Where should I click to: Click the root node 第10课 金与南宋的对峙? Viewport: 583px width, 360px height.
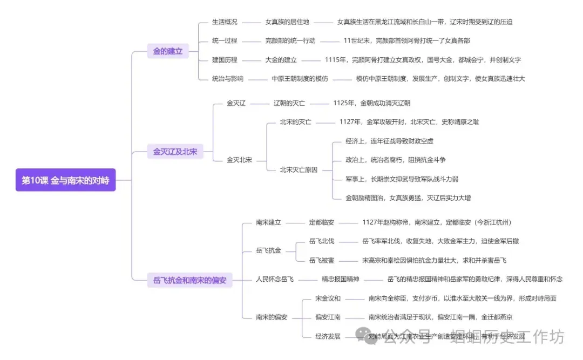pos(65,180)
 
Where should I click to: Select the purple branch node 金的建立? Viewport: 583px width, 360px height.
pos(168,51)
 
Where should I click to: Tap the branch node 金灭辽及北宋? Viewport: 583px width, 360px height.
pos(175,152)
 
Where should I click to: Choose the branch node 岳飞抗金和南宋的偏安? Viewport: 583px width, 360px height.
pos(189,280)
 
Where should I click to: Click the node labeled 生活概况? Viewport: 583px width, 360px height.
pos(225,22)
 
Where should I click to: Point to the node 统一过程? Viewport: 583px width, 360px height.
pos(225,41)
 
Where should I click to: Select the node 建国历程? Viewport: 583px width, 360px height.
pos(225,60)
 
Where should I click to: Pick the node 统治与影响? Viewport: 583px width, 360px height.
pos(228,79)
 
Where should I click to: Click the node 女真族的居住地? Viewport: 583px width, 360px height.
pos(287,22)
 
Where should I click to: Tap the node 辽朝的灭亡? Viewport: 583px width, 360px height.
pos(289,103)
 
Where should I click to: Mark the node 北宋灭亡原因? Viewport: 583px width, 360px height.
pos(299,169)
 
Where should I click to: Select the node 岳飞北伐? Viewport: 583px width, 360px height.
pos(322,241)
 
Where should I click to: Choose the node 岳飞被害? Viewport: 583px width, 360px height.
pos(322,260)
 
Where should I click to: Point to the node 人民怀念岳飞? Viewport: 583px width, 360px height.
pos(275,280)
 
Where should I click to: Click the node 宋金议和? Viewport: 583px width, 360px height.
pos(328,298)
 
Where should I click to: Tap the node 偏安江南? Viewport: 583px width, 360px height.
pos(328,317)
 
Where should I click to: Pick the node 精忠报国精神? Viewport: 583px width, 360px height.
pos(341,280)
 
